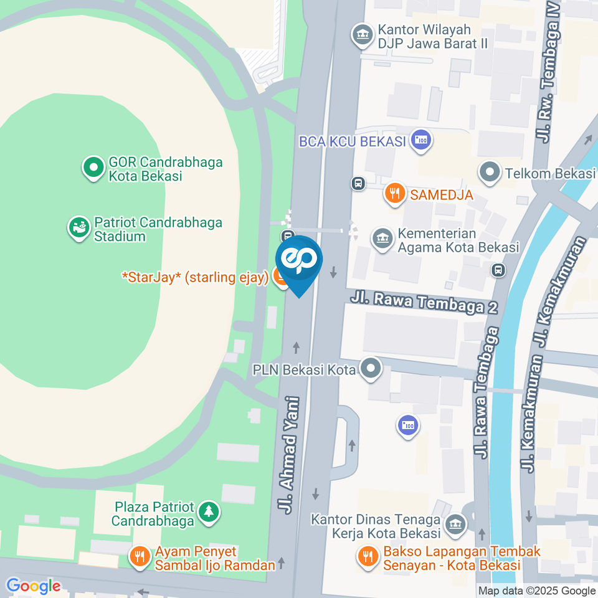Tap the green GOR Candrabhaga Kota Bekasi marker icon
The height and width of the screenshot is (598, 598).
[x=93, y=167]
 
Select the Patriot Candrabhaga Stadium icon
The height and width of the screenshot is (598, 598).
[x=78, y=227]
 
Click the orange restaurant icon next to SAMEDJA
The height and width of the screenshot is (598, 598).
[x=394, y=193]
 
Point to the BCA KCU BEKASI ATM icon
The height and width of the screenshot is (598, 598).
[x=422, y=140]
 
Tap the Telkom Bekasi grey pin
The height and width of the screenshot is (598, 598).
[x=490, y=172]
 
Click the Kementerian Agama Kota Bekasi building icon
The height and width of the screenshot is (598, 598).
[x=381, y=238]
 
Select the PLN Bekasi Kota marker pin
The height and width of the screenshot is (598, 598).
[x=372, y=368]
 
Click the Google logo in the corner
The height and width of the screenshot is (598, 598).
[x=33, y=586]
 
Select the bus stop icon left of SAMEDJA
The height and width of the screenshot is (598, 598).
[x=358, y=183]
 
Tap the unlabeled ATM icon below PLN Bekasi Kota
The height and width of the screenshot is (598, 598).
[x=408, y=425]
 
